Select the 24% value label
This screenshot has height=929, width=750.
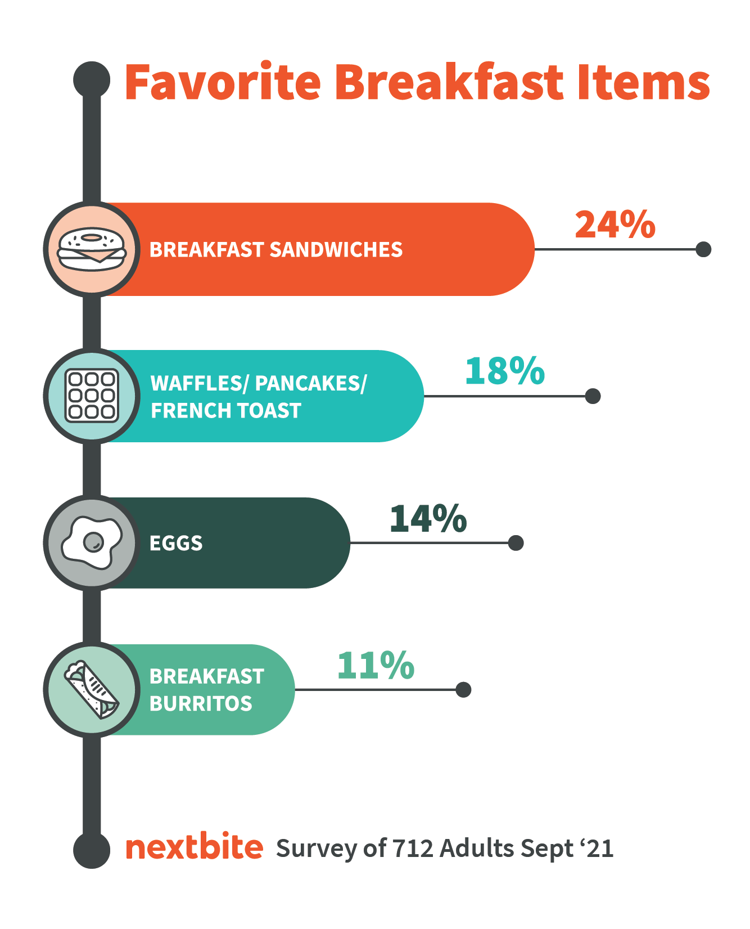(615, 225)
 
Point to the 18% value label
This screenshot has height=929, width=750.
(505, 371)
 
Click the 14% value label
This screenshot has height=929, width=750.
(428, 518)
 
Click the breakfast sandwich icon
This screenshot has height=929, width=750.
(92, 249)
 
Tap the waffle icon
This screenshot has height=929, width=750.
(92, 396)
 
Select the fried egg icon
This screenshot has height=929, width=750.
(92, 542)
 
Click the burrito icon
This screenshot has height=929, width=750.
(92, 689)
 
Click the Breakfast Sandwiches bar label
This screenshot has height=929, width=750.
(276, 250)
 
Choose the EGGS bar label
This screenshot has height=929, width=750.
(176, 543)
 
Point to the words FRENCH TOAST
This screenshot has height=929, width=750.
(226, 411)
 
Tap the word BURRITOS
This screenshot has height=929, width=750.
(201, 703)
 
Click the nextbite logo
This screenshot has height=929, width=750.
(195, 847)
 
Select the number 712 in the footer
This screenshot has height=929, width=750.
(413, 848)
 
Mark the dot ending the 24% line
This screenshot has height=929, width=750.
(703, 249)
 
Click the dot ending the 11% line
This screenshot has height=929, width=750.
(463, 689)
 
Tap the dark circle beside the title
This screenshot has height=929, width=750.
(92, 79)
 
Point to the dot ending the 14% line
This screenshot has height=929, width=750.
(516, 543)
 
